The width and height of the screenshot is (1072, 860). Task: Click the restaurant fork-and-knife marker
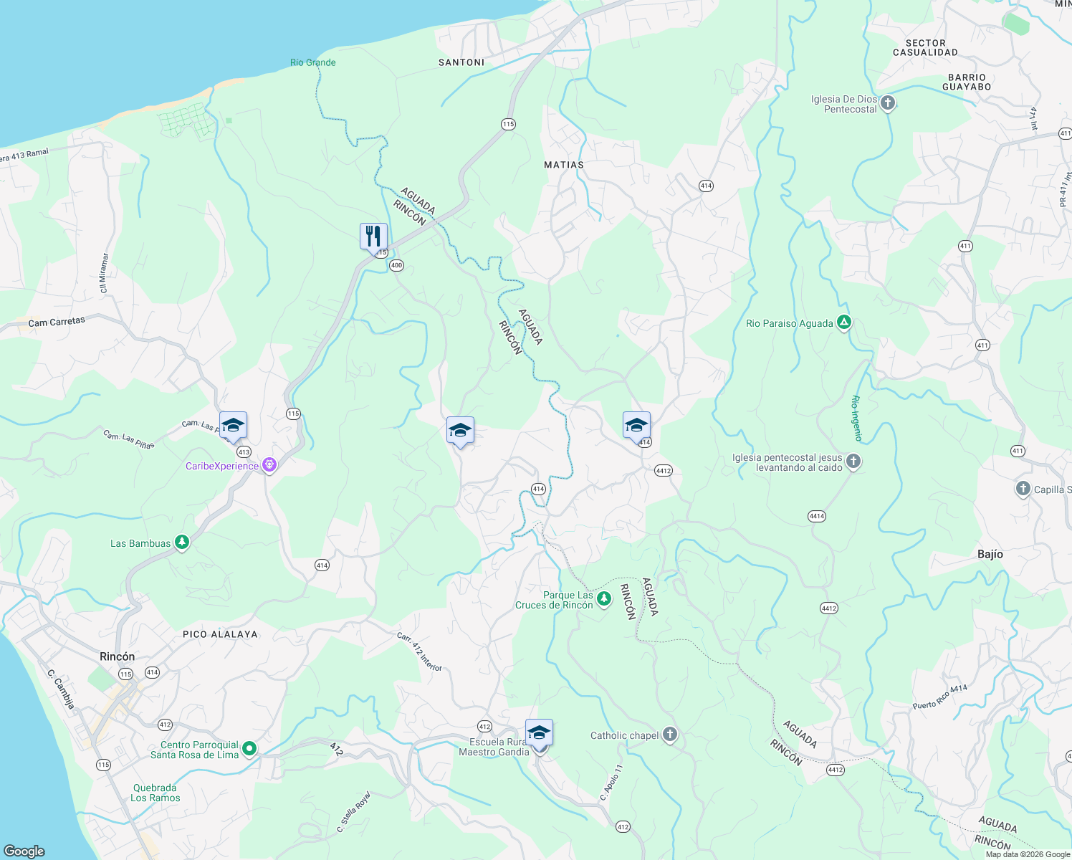[x=373, y=236]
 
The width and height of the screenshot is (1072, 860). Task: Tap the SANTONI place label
[x=461, y=62]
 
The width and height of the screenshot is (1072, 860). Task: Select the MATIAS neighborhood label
[x=564, y=165]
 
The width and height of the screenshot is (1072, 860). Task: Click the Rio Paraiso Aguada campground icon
[x=844, y=323]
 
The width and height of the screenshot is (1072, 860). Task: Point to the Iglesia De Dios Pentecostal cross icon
[x=888, y=103]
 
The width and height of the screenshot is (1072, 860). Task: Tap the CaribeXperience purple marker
[x=269, y=466]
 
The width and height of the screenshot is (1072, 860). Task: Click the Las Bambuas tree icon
[x=182, y=543]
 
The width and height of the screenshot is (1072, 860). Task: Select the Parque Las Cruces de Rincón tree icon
[x=604, y=599]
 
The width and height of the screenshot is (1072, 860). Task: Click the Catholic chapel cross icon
[x=669, y=735]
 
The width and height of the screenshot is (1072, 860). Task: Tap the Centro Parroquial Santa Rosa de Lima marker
[x=249, y=749]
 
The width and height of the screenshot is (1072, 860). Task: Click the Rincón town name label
[x=118, y=656]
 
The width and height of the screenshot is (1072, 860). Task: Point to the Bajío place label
[x=990, y=554]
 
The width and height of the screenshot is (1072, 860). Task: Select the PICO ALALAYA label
[x=220, y=634]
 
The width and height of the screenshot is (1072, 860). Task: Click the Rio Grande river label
[x=313, y=62]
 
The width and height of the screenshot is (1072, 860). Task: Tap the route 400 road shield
[x=397, y=265]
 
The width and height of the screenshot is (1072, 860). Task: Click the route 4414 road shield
[x=817, y=516]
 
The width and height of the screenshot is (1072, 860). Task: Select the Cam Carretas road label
[x=57, y=322]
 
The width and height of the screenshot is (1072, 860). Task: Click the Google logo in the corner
[x=24, y=851]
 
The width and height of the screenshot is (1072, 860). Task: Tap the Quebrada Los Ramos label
[x=155, y=793]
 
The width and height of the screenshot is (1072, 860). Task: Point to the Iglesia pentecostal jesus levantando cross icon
[x=853, y=462]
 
